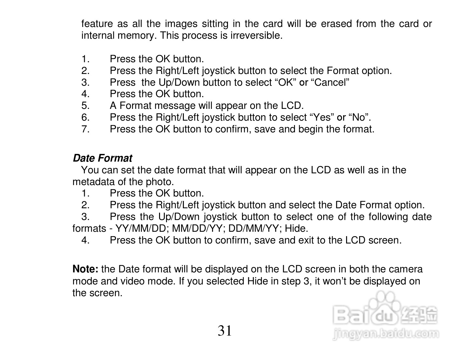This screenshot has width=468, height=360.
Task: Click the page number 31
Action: click(x=225, y=331)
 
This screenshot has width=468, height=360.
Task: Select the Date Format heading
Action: click(x=102, y=158)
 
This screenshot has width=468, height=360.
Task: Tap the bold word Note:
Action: click(x=85, y=269)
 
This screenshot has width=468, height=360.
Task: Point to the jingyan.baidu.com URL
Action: click(x=386, y=334)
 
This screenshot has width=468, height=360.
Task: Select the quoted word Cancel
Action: click(x=331, y=83)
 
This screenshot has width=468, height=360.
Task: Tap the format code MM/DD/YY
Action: click(x=198, y=229)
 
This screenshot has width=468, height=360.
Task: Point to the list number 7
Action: click(x=85, y=129)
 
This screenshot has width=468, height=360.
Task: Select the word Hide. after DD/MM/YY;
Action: click(x=297, y=229)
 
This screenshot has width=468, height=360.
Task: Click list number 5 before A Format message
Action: click(x=85, y=106)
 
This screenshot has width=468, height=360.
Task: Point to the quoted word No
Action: click(x=359, y=117)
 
